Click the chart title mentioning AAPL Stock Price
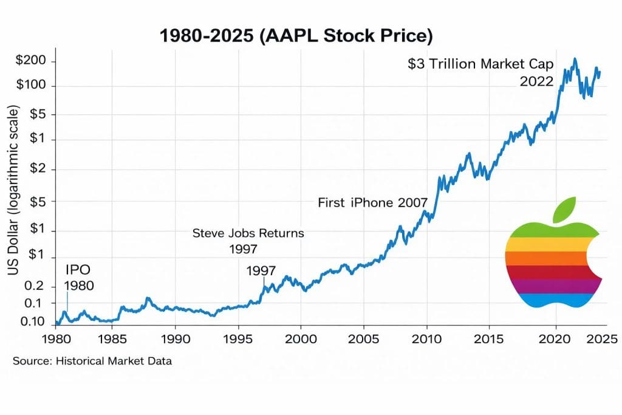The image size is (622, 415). (x=296, y=36)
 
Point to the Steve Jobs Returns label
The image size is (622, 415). (x=248, y=233)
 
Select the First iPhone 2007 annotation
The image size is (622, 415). (x=373, y=203)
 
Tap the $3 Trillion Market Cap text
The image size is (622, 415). (x=482, y=64)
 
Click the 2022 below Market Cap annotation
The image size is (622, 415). (x=536, y=81)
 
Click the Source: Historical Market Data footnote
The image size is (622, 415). (x=92, y=361)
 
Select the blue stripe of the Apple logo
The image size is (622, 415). (x=553, y=300)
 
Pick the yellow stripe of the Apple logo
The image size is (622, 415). (x=550, y=243)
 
